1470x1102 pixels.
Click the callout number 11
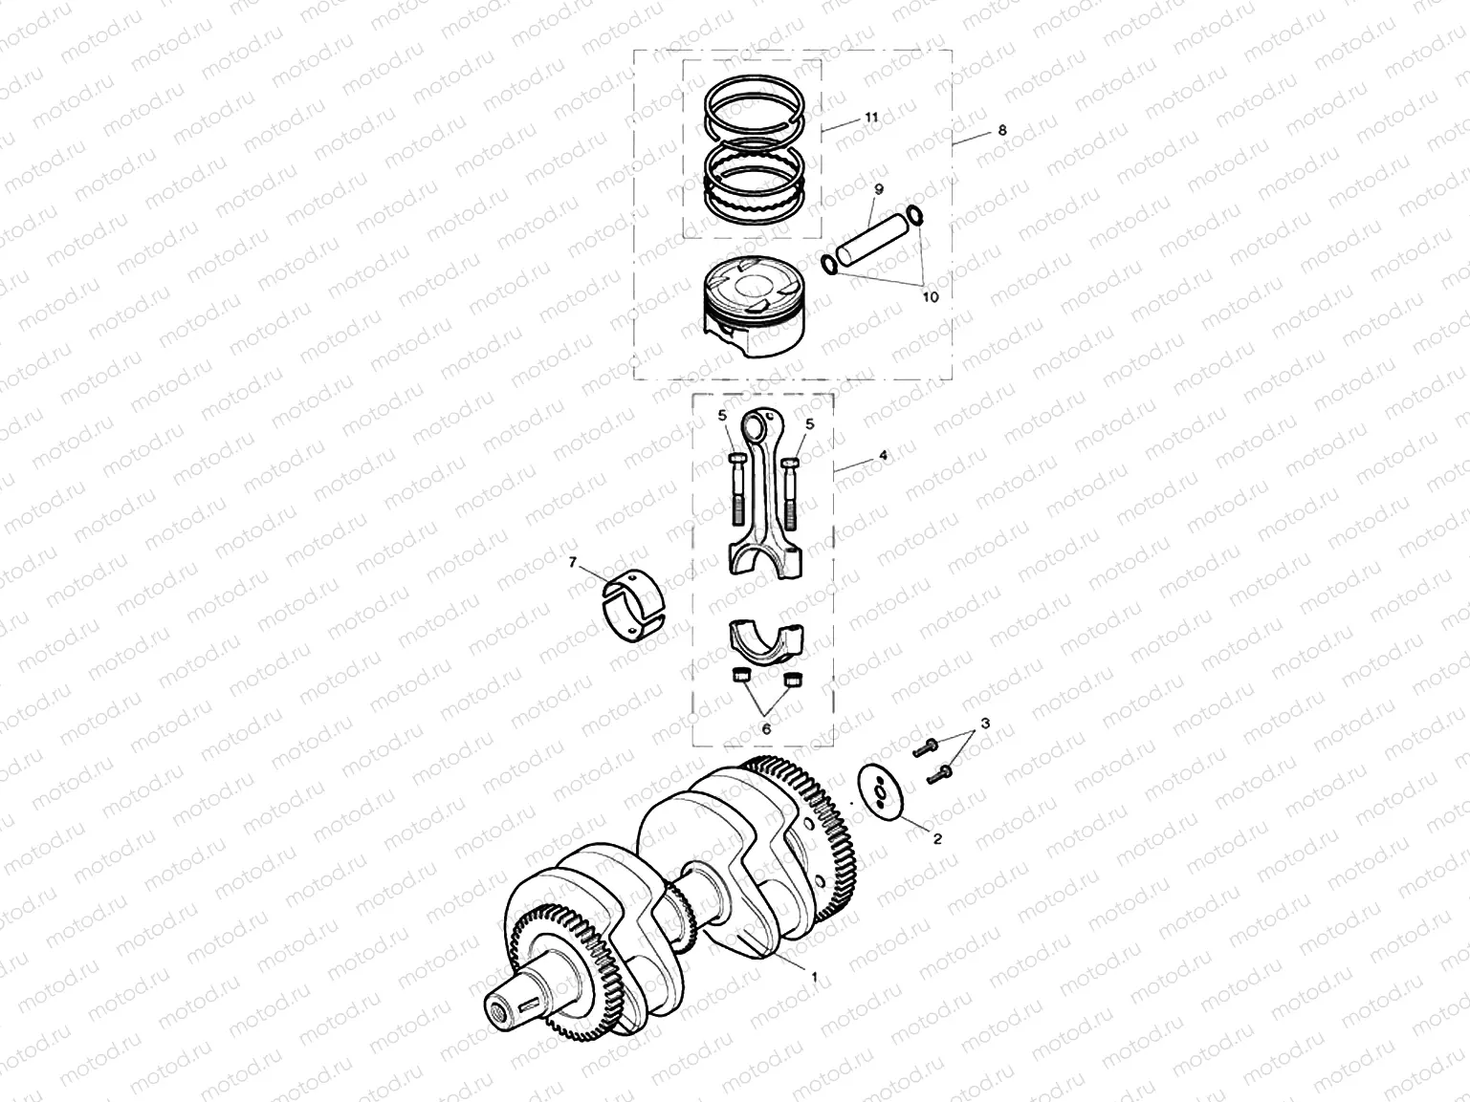pyautogui.click(x=870, y=117)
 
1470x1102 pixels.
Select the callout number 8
pyautogui.click(x=1001, y=131)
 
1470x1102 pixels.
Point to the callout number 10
pyautogui.click(x=930, y=297)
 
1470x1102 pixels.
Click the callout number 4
pyautogui.click(x=883, y=456)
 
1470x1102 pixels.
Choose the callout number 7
pyautogui.click(x=573, y=563)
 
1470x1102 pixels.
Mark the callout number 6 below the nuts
pyautogui.click(x=765, y=727)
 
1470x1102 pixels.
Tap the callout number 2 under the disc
pyautogui.click(x=936, y=839)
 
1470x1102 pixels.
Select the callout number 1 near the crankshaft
pyautogui.click(x=814, y=977)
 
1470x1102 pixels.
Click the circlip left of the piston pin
pyautogui.click(x=830, y=264)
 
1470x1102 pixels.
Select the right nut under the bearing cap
pyautogui.click(x=791, y=679)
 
